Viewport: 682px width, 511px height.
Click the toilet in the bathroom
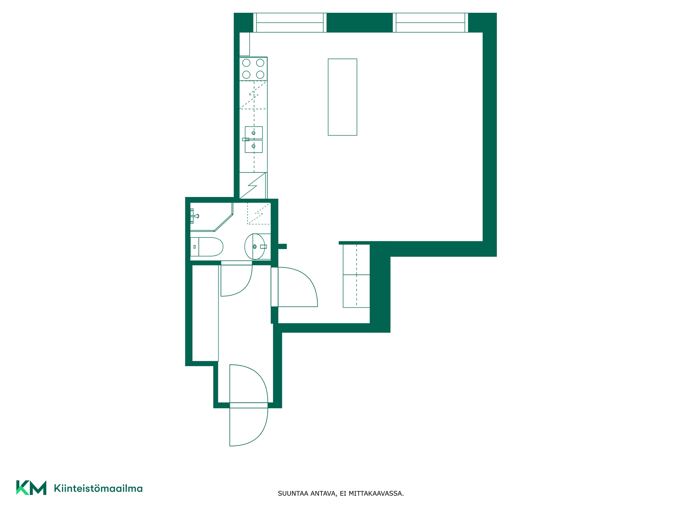pyautogui.click(x=206, y=247)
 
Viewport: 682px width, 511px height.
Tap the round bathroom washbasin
pyautogui.click(x=255, y=247)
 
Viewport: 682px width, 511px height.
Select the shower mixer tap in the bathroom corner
pyautogui.click(x=194, y=216)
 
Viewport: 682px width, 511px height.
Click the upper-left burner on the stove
pyautogui.click(x=246, y=63)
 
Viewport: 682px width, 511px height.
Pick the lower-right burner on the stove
pyautogui.click(x=260, y=75)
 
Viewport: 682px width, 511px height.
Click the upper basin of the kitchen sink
pyautogui.click(x=254, y=133)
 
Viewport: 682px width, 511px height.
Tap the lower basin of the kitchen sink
pyautogui.click(x=254, y=146)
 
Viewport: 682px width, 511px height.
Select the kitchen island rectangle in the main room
pyautogui.click(x=342, y=97)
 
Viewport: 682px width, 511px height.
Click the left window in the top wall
pyautogui.click(x=290, y=23)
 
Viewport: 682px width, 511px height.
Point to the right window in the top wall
pyautogui.click(x=431, y=23)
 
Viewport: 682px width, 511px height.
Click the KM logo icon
pyautogui.click(x=31, y=488)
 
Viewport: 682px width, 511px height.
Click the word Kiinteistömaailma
pyautogui.click(x=98, y=488)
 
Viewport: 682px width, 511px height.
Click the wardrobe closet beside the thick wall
pyautogui.click(x=356, y=276)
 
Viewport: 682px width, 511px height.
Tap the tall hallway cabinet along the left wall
pyautogui.click(x=205, y=313)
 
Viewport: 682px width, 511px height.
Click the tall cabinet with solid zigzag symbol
pyautogui.click(x=253, y=186)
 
